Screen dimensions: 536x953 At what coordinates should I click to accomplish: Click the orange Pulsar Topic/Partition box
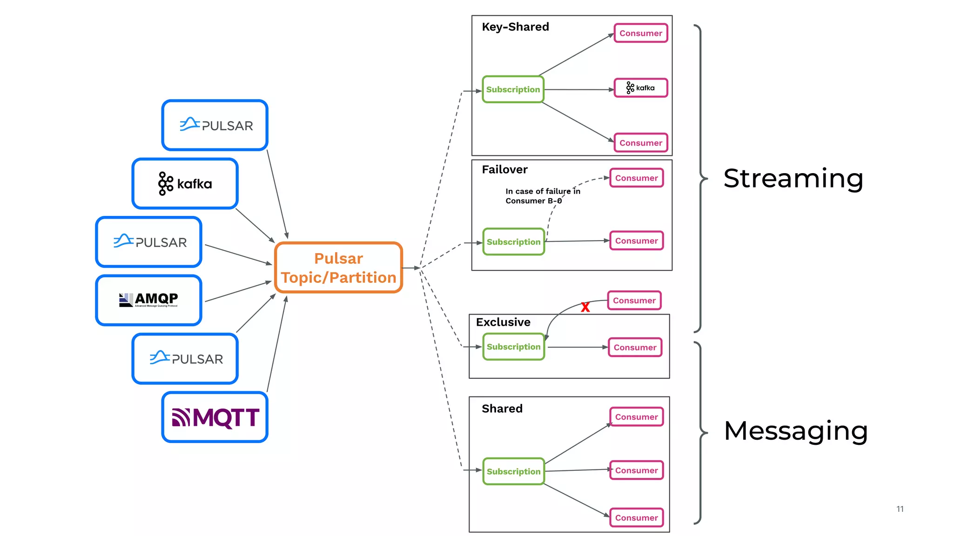(338, 268)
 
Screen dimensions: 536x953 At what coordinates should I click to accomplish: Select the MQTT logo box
(215, 417)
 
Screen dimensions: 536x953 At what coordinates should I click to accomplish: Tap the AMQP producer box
(148, 300)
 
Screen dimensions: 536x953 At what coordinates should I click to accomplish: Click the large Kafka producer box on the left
(185, 184)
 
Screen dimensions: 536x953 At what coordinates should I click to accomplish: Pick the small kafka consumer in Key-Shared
(641, 88)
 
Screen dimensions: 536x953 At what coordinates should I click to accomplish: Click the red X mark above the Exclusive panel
(585, 307)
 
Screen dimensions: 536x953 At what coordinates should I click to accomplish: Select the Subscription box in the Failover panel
(513, 242)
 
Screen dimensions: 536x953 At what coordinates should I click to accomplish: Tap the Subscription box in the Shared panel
(513, 471)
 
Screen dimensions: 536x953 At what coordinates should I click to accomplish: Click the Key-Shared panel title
(515, 27)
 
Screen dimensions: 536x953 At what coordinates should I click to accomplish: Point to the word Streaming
(793, 179)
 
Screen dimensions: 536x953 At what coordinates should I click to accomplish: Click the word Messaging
(796, 431)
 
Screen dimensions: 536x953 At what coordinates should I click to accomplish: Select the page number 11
(899, 509)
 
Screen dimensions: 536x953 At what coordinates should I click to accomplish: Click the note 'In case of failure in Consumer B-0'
(542, 196)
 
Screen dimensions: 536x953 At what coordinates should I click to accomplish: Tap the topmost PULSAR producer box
(215, 125)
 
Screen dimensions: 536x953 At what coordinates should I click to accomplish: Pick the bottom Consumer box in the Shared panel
(636, 517)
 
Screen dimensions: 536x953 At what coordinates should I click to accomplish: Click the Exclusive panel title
(503, 322)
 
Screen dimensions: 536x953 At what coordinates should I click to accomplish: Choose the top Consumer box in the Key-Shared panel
(640, 33)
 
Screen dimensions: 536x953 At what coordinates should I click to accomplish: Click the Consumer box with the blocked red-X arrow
(634, 301)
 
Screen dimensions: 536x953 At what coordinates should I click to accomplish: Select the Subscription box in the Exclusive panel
(513, 347)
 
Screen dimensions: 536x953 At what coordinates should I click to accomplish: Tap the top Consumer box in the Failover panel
(636, 178)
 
